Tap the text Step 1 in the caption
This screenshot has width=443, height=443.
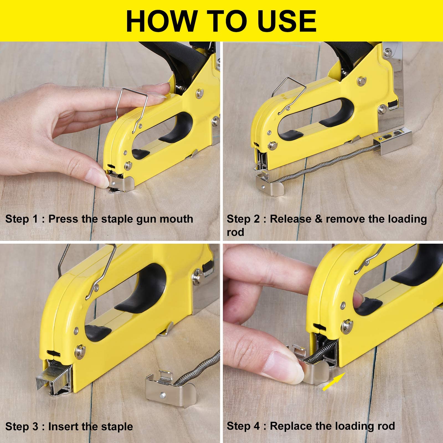click(21, 219)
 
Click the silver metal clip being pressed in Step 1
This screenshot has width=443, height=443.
click(123, 183)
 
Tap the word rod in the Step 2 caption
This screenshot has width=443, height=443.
click(235, 232)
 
